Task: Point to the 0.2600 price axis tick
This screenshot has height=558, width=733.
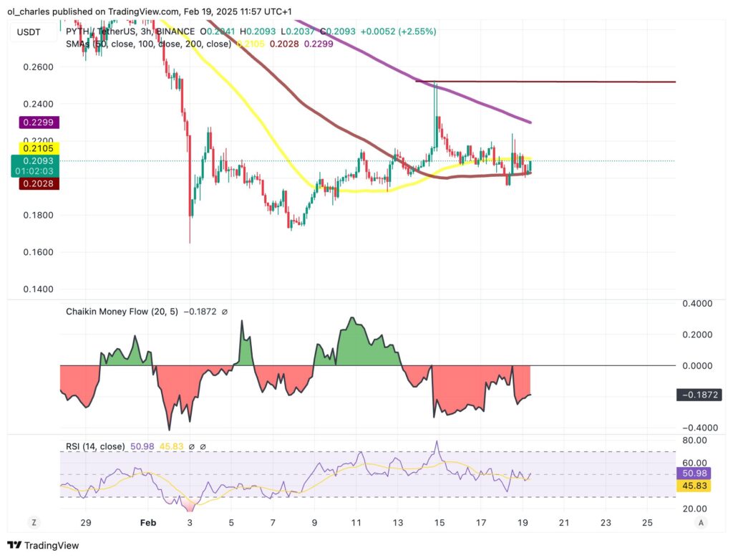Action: tap(37, 67)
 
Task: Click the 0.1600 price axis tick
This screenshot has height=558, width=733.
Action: tap(37, 252)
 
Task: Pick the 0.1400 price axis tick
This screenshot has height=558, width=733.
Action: tap(37, 289)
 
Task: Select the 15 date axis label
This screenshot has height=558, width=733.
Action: tap(440, 522)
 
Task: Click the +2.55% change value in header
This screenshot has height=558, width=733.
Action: tap(415, 32)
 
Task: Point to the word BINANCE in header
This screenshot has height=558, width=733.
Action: tap(175, 32)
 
